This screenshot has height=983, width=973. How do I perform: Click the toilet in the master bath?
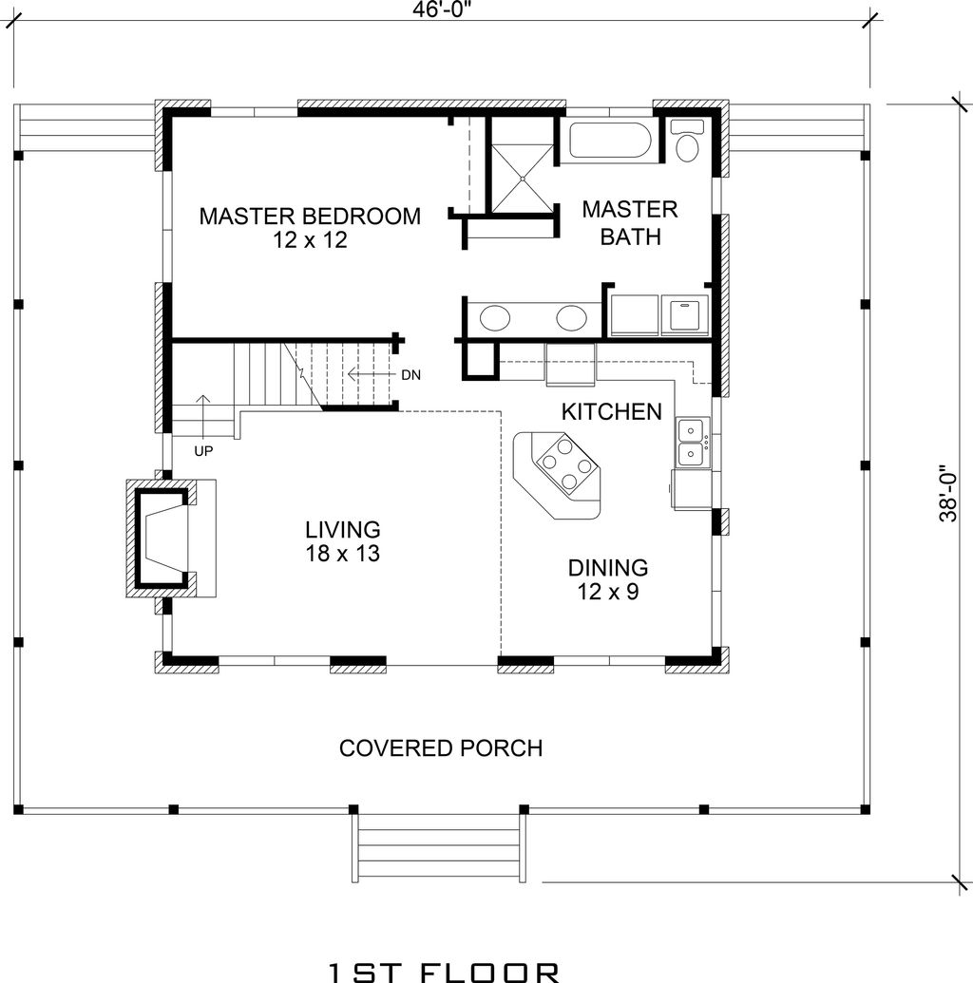(687, 141)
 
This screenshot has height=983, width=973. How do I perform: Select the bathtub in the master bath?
(610, 140)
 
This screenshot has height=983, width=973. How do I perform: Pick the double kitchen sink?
(694, 442)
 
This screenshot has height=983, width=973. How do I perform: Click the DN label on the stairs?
(410, 375)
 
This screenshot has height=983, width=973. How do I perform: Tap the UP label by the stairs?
(203, 451)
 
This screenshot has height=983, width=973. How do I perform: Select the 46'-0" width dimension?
(442, 10)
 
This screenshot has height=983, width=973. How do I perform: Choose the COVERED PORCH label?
(441, 747)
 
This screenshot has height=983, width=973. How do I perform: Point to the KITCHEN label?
(612, 412)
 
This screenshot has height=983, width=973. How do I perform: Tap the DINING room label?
(608, 567)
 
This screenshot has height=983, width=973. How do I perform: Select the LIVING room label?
(342, 530)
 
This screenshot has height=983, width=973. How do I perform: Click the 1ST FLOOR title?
(444, 972)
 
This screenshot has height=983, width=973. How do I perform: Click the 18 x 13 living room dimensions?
(342, 554)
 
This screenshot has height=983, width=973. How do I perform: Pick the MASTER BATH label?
(630, 222)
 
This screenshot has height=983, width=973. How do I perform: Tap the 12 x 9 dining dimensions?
(608, 591)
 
